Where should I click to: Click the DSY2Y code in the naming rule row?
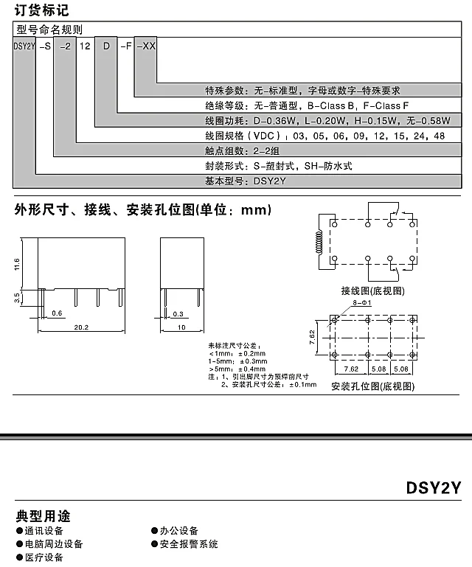click(x=24, y=46)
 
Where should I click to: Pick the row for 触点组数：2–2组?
click(x=240, y=150)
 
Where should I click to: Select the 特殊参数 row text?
click(x=302, y=90)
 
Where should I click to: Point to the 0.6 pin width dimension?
click(x=58, y=313)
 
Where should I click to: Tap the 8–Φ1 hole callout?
click(x=364, y=303)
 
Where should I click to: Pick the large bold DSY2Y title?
click(x=434, y=488)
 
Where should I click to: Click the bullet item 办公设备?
click(x=178, y=531)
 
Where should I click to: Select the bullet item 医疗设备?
click(x=44, y=557)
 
